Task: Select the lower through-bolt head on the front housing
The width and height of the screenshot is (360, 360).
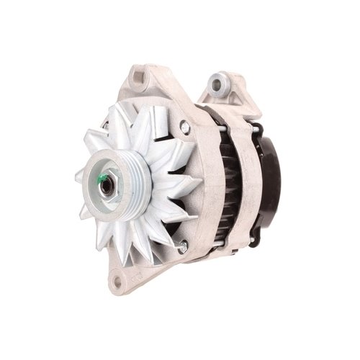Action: pyautogui.click(x=183, y=247)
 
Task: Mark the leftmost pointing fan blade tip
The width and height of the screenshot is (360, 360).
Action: pyautogui.click(x=76, y=175)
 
